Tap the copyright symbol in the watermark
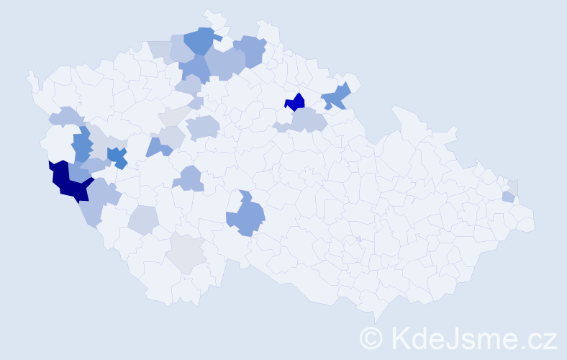click(x=372, y=337)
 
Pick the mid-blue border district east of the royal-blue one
click(x=336, y=96)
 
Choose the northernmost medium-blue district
click(x=201, y=40)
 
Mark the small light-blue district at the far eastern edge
click(x=508, y=197)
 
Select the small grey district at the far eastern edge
click(x=513, y=186)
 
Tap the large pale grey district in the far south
click(x=186, y=253)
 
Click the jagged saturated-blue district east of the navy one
click(x=117, y=157)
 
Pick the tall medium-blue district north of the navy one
click(x=82, y=144)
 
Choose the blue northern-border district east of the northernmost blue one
click(x=250, y=50)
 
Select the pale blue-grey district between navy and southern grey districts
click(x=143, y=220)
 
